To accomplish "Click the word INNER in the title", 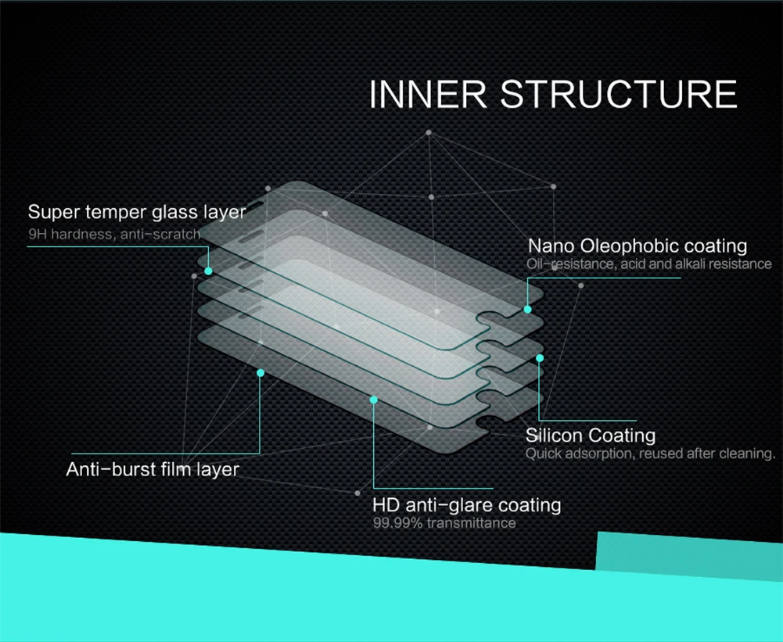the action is [428, 93].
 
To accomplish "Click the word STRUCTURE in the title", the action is [619, 93].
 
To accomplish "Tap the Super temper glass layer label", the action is [137, 212].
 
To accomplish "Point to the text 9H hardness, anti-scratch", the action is [114, 234].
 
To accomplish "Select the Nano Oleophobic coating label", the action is [638, 246].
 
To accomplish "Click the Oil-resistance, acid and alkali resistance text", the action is [649, 264].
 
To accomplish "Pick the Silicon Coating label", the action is [591, 436].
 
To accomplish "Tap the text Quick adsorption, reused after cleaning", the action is [650, 454].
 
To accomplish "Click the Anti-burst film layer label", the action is [153, 469].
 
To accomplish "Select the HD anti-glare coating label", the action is [467, 505].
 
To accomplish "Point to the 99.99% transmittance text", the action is [444, 522].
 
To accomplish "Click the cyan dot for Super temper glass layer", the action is [208, 271].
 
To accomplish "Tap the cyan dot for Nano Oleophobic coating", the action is [527, 310].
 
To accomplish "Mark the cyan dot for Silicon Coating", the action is [539, 358].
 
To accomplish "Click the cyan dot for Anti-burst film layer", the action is [260, 373].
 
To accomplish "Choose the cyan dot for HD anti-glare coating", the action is [374, 400].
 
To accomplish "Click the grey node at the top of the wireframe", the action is [429, 132].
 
